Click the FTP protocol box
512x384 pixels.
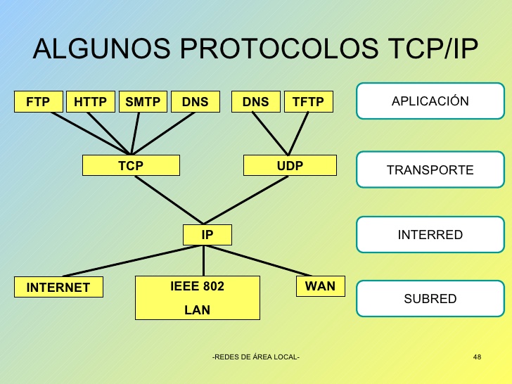39,102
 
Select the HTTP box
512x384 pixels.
90,102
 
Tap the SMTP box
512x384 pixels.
143,102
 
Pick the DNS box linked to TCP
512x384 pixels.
195,102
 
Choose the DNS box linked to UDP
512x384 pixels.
255,102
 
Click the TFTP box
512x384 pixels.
308,102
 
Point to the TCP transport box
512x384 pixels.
131,165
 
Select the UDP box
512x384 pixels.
290,165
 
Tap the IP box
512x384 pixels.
207,235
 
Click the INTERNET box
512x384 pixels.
58,287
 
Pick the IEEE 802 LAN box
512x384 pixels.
197,297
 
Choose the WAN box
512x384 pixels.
320,286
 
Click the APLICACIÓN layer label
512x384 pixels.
430,101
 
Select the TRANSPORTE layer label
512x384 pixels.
430,169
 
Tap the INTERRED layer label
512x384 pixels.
430,234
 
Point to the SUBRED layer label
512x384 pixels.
430,298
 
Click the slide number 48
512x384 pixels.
478,357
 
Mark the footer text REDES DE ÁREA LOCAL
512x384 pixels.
256,357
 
